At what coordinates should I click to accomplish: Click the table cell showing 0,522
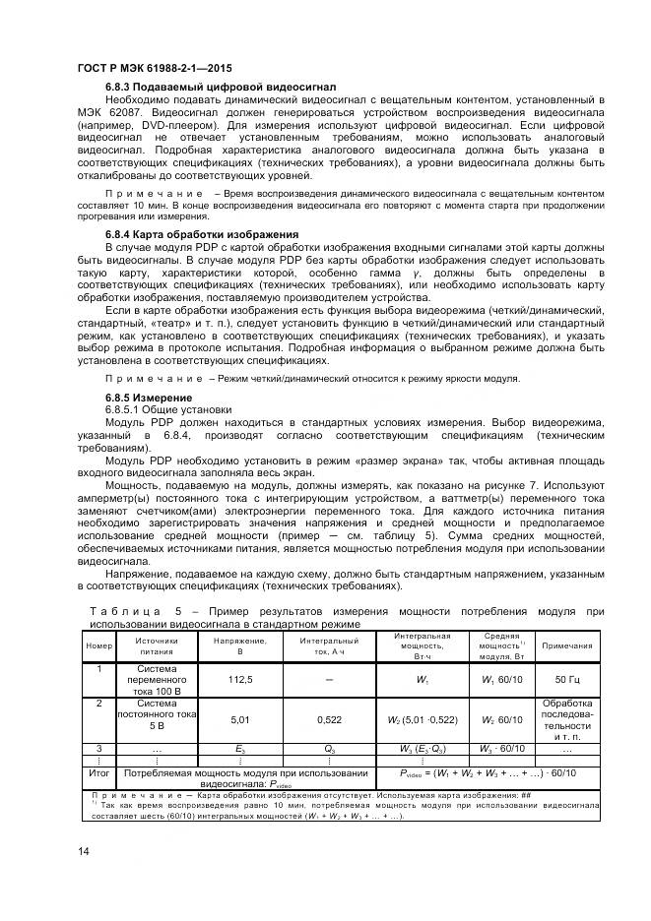329,720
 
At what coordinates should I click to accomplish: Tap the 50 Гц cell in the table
567,679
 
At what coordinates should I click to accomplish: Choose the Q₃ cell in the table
329,750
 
